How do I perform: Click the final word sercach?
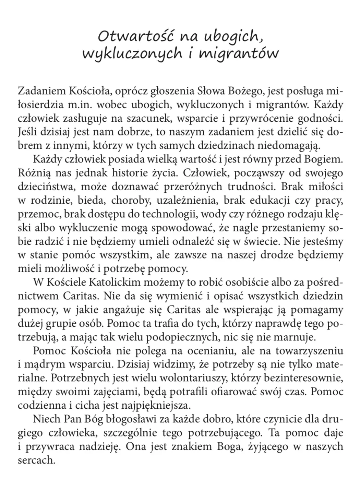coord(36,460)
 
